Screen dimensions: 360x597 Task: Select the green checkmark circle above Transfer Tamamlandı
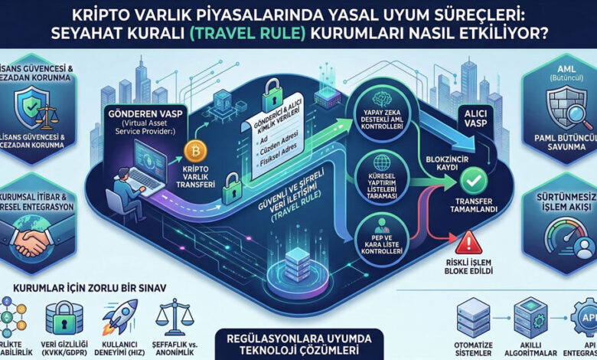coord(471,180)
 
